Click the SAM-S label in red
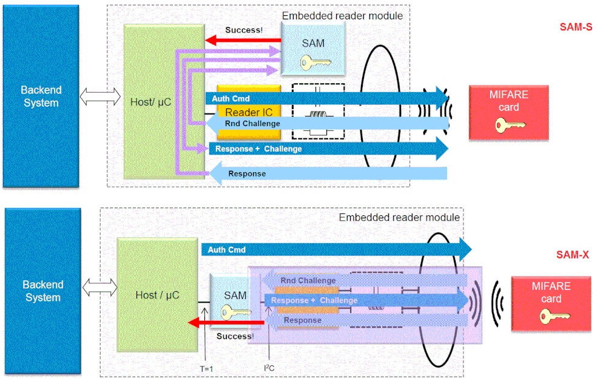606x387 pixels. [x=576, y=27]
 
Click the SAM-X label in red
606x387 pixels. [x=573, y=255]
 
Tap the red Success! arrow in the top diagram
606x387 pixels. [x=243, y=41]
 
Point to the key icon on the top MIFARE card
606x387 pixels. [x=508, y=126]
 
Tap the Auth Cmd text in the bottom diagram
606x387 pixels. [x=226, y=249]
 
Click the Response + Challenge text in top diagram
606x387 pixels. [x=258, y=149]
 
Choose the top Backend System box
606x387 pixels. [x=41, y=96]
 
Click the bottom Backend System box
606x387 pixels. [x=42, y=291]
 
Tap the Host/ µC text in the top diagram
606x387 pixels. [x=151, y=102]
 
